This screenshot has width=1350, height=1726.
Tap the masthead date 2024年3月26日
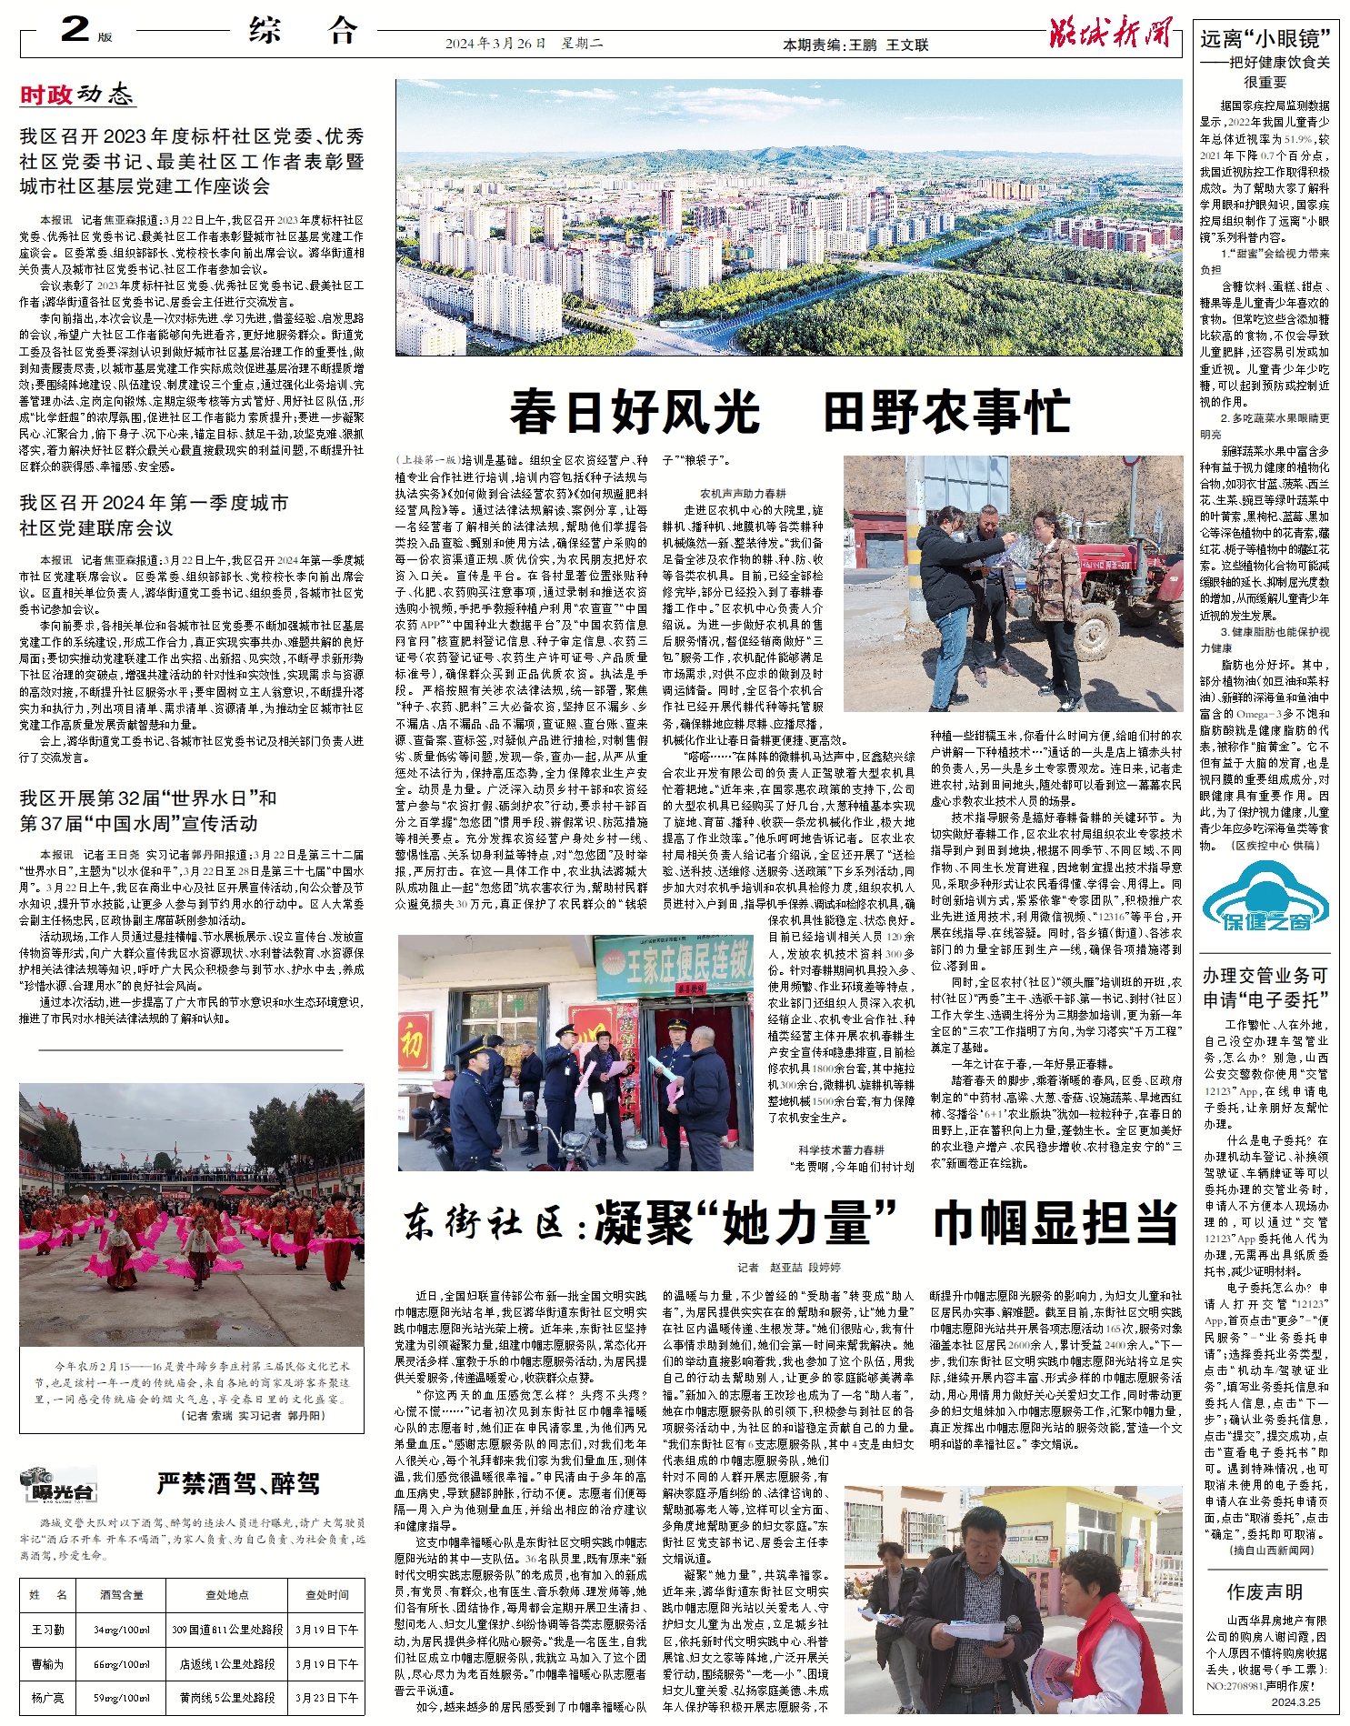(x=495, y=44)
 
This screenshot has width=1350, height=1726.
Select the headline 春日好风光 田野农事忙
(x=788, y=411)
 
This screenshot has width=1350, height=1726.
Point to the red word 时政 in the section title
(x=45, y=95)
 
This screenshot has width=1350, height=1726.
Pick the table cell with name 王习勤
(x=48, y=1629)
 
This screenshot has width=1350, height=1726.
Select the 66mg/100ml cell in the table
(x=122, y=1663)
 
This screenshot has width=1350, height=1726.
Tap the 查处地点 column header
(x=227, y=1594)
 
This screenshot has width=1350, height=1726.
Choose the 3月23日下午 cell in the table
(x=326, y=1697)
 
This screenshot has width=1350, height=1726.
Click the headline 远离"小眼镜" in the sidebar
(x=1265, y=38)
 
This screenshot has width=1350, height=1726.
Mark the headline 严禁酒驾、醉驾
(x=238, y=1484)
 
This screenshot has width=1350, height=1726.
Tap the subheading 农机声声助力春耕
(x=743, y=493)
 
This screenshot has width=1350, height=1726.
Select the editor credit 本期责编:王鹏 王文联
(x=855, y=45)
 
